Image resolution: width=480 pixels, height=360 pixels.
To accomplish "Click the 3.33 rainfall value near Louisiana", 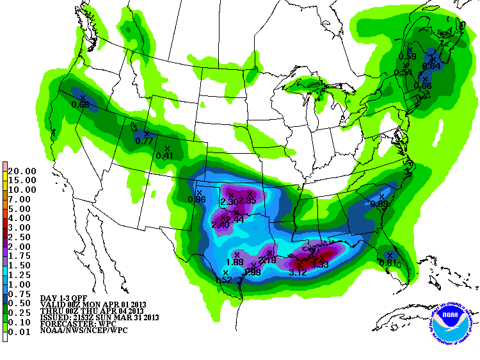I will click(320, 264).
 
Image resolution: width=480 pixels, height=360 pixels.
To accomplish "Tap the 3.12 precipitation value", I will click(298, 272).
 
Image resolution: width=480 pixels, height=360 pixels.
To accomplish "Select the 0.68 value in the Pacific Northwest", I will click(81, 104).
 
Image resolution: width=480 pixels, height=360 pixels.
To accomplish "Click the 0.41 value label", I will click(165, 156).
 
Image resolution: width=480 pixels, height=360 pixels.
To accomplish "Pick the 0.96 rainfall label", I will click(196, 199).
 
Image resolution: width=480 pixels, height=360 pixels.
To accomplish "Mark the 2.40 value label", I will click(220, 225).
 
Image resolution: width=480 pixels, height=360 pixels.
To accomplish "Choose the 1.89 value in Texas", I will click(235, 262).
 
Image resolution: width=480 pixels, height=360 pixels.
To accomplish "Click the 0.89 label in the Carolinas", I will click(380, 204).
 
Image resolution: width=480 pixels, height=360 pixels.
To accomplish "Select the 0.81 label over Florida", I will click(388, 262).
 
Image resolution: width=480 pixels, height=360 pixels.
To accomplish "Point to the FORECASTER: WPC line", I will click(74, 323).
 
